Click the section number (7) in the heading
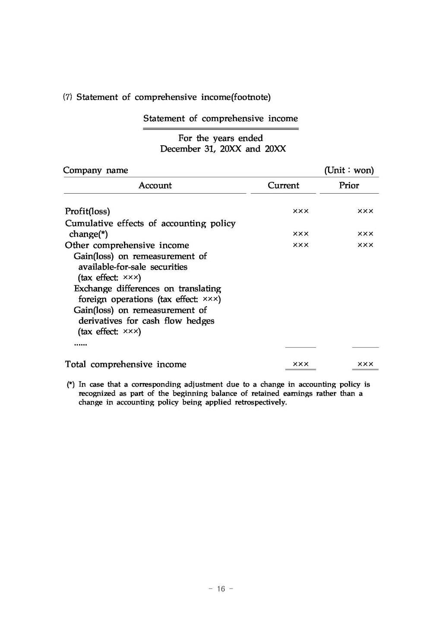click(x=67, y=97)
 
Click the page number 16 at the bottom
click(x=221, y=589)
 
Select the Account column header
click(x=155, y=185)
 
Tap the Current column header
click(x=283, y=185)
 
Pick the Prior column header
click(x=349, y=185)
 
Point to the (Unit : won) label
click(x=349, y=170)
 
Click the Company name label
click(x=95, y=170)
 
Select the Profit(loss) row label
click(x=87, y=211)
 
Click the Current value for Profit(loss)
click(x=300, y=211)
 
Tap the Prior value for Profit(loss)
click(x=365, y=211)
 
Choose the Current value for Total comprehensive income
click(x=300, y=364)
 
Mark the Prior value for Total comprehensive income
click(x=365, y=364)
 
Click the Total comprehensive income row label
click(x=126, y=364)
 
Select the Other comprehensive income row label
click(x=127, y=245)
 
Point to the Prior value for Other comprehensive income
click(x=365, y=245)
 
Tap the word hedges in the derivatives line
click(x=200, y=321)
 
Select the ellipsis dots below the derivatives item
click(x=80, y=344)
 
